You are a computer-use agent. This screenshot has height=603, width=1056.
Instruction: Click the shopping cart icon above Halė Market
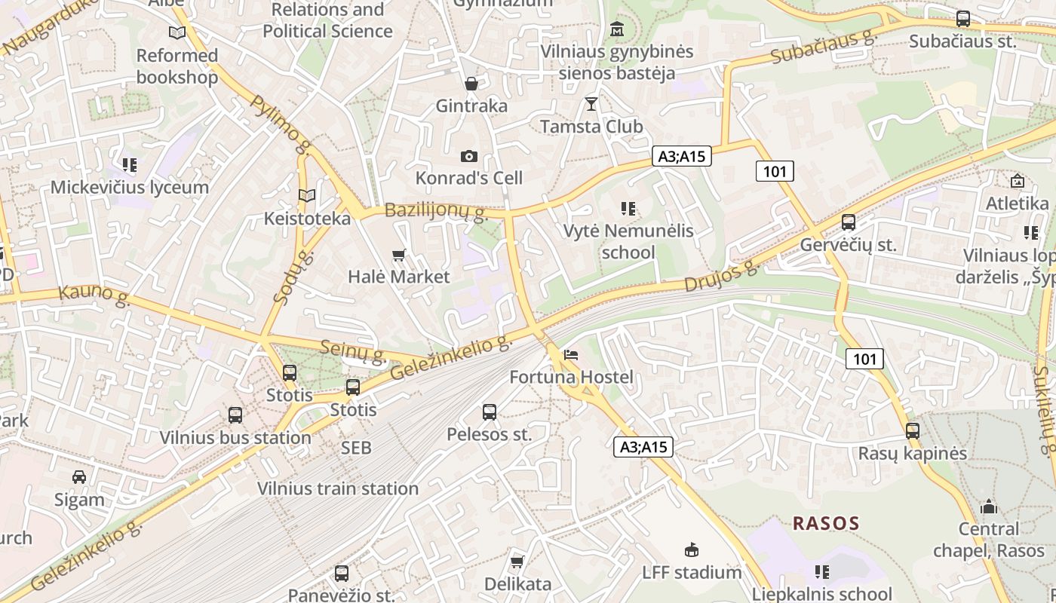point(399,256)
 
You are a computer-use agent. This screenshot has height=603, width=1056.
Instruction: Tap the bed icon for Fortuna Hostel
point(571,355)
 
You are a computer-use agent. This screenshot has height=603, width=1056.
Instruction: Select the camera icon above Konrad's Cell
point(469,156)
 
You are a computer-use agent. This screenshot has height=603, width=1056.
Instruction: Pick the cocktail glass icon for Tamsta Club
point(591,103)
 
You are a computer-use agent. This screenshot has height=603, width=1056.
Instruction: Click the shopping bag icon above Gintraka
point(471,83)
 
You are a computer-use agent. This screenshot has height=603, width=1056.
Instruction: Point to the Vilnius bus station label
point(235,437)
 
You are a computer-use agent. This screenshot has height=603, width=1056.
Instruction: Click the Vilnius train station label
point(338,488)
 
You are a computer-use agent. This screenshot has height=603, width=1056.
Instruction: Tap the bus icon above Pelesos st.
point(490,412)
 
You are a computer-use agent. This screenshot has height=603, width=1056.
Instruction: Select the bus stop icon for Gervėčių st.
point(849,222)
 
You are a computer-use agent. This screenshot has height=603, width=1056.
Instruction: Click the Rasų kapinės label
point(913,454)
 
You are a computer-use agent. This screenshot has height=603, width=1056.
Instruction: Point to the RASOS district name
point(826,523)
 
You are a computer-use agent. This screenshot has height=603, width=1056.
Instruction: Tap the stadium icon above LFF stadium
point(691,549)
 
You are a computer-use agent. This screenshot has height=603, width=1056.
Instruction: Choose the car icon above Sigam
point(79,477)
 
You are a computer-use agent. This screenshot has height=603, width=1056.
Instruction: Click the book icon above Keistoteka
point(307,196)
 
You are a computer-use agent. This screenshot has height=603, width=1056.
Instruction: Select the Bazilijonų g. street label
point(437,210)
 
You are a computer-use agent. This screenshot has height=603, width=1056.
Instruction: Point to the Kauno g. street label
point(94,295)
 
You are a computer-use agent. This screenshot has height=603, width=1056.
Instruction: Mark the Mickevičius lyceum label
point(130,187)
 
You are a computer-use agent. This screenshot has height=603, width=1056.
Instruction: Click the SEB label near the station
point(356,448)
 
